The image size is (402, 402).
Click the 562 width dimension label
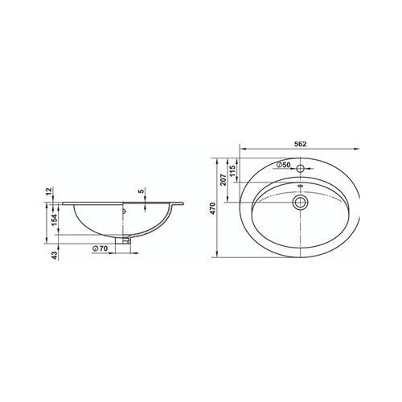tap(300, 144)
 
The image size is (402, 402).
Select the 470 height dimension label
tap(212, 208)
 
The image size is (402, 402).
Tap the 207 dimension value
tap(224, 179)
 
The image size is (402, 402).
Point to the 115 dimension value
tap(232, 170)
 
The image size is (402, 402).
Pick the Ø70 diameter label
tap(100, 248)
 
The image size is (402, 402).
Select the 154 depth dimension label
tap(55, 220)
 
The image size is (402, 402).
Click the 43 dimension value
tap(55, 255)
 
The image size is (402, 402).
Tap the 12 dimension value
tap(48, 191)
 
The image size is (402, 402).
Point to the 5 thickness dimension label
tap(142, 191)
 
